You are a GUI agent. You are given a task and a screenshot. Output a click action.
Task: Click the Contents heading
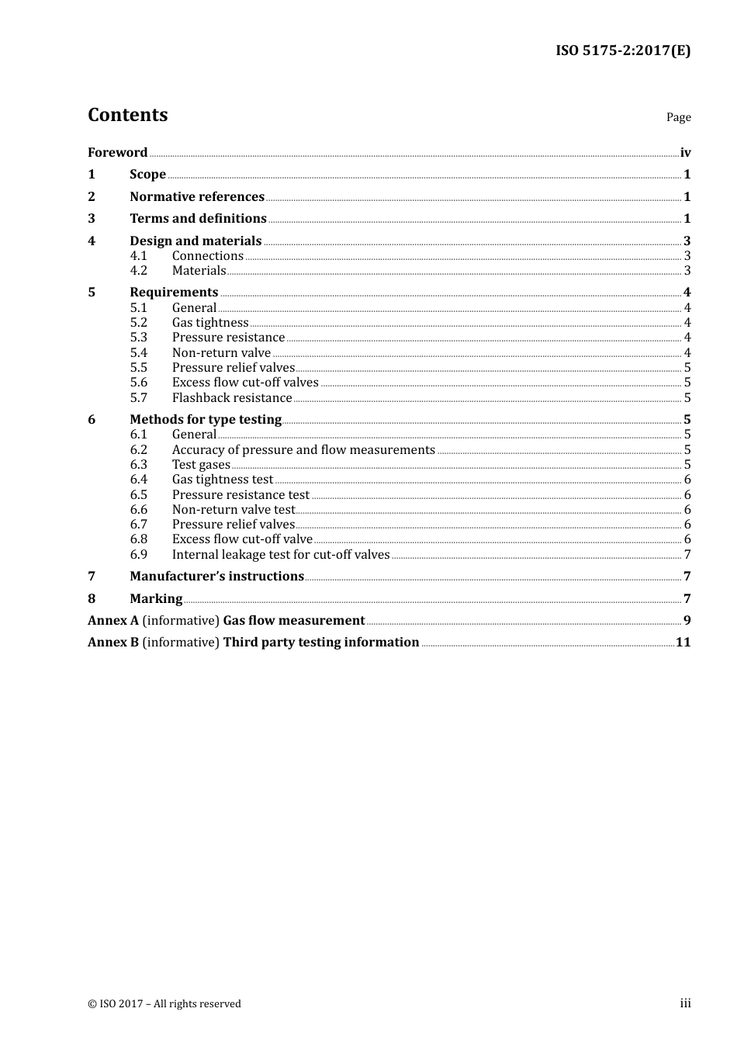127,115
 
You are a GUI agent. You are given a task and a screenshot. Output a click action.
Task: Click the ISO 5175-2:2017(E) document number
622,51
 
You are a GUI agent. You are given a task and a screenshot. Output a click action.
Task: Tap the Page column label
678,117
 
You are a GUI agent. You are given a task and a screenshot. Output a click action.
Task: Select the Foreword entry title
117,153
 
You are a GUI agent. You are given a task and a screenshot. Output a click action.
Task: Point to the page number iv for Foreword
685,153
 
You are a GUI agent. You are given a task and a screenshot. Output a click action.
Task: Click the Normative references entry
197,197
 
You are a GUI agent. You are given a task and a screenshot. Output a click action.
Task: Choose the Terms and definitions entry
198,219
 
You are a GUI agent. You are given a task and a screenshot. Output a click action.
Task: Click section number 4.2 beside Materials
138,271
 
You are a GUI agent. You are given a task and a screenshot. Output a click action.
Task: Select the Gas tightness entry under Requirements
210,323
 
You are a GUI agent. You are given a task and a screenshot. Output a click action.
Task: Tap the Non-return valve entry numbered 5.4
221,353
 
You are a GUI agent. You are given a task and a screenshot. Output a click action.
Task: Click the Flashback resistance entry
232,398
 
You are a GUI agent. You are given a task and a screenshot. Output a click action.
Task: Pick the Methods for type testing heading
206,420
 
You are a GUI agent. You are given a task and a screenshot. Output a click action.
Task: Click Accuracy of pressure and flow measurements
303,450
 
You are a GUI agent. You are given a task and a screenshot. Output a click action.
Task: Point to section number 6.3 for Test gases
138,465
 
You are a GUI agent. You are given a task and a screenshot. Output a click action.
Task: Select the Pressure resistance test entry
240,495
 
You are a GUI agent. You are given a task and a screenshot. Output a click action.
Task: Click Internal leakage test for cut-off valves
281,555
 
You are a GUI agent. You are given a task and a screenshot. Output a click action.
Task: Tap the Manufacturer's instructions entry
216,577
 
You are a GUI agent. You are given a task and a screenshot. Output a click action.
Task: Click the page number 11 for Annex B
683,643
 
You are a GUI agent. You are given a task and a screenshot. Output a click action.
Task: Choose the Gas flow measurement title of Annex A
293,621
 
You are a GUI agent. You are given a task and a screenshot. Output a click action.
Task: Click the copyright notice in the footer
164,1004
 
